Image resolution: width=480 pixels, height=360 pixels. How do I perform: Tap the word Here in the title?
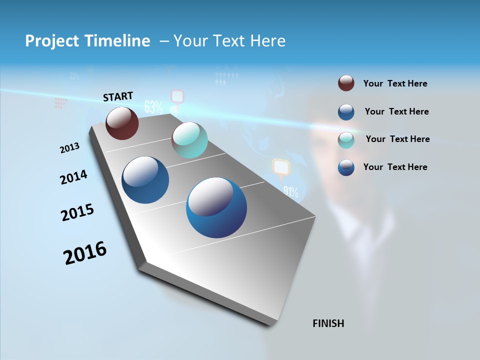pyautogui.click(x=267, y=41)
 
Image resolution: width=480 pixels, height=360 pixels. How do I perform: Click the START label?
pyautogui.click(x=118, y=96)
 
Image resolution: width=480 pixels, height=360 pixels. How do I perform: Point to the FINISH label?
pyautogui.click(x=328, y=323)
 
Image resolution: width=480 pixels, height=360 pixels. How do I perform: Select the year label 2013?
pyautogui.click(x=70, y=148)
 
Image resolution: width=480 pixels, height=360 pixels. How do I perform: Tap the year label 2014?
pyautogui.click(x=74, y=177)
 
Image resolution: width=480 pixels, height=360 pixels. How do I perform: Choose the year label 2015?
pyautogui.click(x=77, y=212)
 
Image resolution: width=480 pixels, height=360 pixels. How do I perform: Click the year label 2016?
pyautogui.click(x=85, y=253)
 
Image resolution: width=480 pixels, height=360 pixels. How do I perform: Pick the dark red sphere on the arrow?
pyautogui.click(x=122, y=123)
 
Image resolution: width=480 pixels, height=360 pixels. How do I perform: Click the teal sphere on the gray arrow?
pyautogui.click(x=189, y=140)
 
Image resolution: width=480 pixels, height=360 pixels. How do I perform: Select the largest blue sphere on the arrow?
pyautogui.click(x=216, y=207)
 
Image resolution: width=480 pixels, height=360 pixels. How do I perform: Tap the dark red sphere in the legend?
pyautogui.click(x=346, y=83)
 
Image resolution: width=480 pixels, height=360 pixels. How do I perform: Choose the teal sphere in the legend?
pyautogui.click(x=346, y=139)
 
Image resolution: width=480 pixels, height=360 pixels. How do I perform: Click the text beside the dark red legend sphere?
pyautogui.click(x=395, y=83)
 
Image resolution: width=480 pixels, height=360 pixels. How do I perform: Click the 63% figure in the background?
pyautogui.click(x=153, y=106)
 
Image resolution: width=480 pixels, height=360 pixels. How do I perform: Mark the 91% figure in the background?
pyautogui.click(x=290, y=191)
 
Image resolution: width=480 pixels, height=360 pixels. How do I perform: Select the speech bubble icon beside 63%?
pyautogui.click(x=177, y=97)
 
